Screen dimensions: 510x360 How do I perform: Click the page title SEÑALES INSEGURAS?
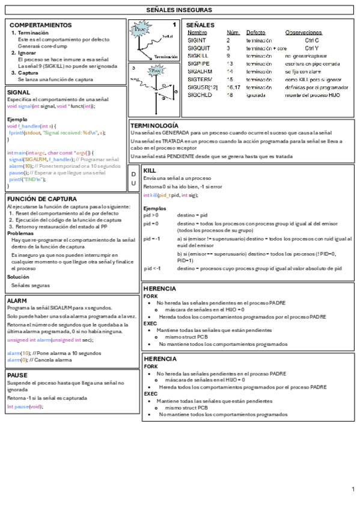pyautogui.click(x=178, y=10)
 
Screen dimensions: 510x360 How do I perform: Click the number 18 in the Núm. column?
pyautogui.click(x=230, y=95)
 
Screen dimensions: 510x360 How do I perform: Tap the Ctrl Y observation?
pyautogui.click(x=313, y=48)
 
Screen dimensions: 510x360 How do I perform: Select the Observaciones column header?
pyautogui.click(x=304, y=32)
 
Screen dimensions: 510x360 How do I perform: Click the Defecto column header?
pyautogui.click(x=255, y=32)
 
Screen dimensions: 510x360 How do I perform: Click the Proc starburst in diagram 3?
pyautogui.click(x=156, y=71)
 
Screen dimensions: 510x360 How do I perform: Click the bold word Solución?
pyautogui.click(x=18, y=277)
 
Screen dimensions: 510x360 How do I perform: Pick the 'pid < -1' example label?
pyautogui.click(x=153, y=268)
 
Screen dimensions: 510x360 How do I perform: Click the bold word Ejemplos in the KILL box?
pyautogui.click(x=155, y=208)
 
